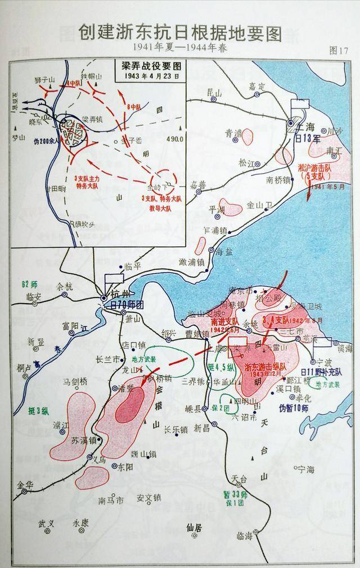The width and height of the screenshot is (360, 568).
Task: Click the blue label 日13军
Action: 308,138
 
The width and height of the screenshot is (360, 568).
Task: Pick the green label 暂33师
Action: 231,494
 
